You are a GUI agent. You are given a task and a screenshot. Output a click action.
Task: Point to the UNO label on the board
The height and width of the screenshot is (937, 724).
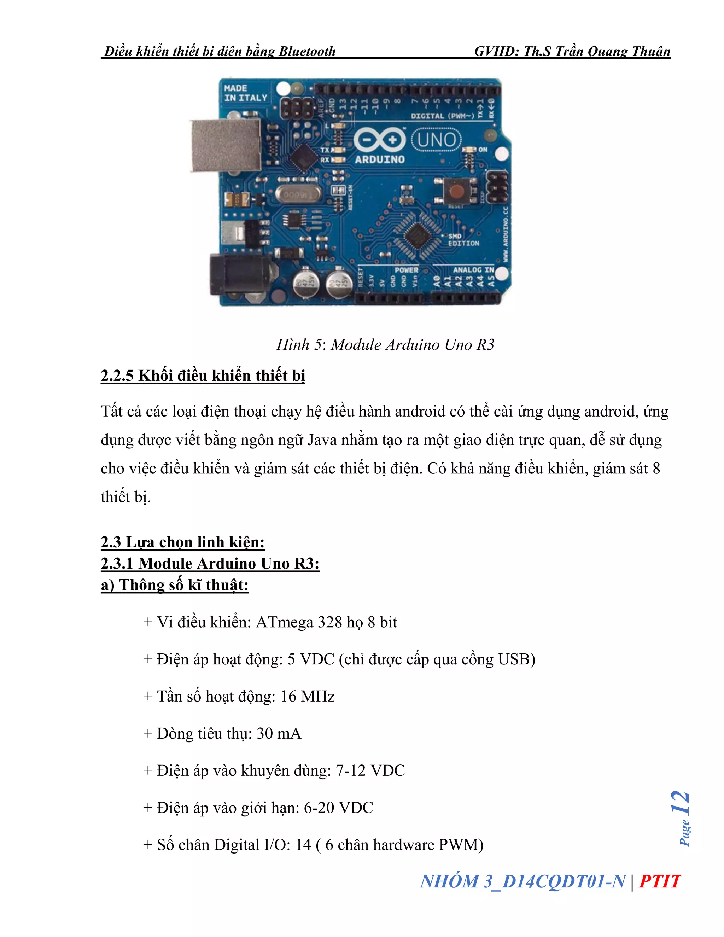(x=436, y=140)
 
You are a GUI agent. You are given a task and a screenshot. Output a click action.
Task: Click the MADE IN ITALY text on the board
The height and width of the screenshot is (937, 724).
(x=245, y=93)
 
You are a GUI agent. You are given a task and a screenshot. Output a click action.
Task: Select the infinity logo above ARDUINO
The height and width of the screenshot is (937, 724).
(x=380, y=140)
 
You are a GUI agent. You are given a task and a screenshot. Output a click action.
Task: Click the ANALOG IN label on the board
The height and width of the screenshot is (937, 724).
(x=473, y=270)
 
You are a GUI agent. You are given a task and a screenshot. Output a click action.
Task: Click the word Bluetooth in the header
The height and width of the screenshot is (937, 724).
(x=307, y=52)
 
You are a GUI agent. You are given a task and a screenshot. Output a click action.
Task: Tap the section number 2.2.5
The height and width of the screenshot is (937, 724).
(x=117, y=376)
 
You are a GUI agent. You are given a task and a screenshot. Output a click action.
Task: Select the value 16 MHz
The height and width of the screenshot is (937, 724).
(x=308, y=696)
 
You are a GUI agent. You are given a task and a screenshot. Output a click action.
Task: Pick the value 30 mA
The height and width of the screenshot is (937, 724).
(x=279, y=733)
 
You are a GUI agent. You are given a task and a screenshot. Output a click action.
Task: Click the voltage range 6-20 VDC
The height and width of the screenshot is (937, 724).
(x=338, y=808)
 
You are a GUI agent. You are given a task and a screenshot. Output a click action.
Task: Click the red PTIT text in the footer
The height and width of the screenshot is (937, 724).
(x=659, y=881)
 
